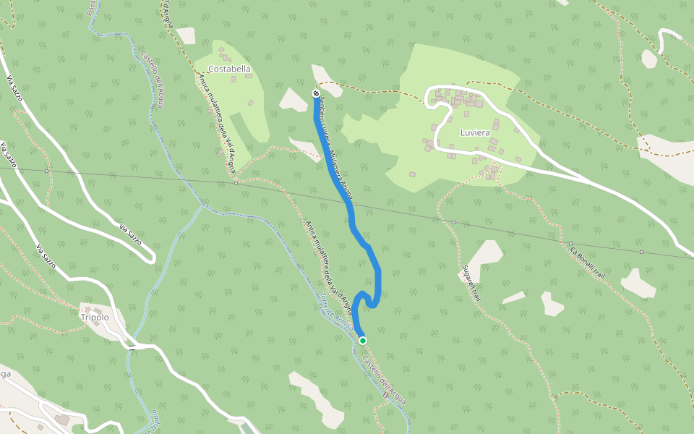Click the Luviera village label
[x=475, y=133]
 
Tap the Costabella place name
[x=229, y=69]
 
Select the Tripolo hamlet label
[x=95, y=318]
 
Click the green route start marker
[x=363, y=341]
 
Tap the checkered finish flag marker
[x=316, y=93]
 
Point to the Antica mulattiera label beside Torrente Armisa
[x=328, y=268]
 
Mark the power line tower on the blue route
[x=354, y=205]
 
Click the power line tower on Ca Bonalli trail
[x=570, y=244]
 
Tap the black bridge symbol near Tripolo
[x=132, y=349]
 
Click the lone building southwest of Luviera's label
[x=412, y=174]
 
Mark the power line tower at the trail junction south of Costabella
[x=236, y=183]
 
